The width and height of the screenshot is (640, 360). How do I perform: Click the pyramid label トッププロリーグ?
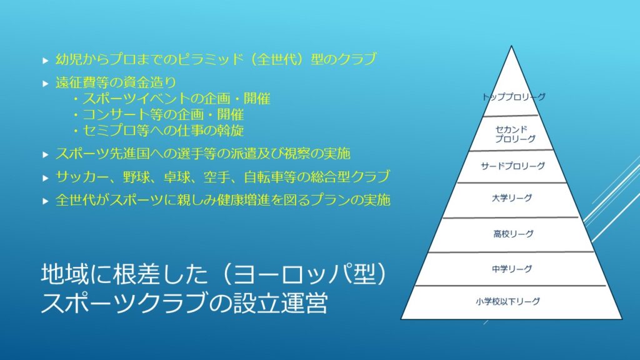point(514,97)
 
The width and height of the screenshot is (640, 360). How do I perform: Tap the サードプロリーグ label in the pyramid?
point(512,166)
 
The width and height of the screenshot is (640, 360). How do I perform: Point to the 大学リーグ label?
point(512,198)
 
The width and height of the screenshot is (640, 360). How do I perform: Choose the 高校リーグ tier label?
point(513,234)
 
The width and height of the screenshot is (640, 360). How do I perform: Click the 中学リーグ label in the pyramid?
point(512,269)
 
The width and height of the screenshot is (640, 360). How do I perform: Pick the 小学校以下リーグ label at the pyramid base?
point(507,302)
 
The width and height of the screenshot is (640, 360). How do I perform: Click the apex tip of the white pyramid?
point(511,46)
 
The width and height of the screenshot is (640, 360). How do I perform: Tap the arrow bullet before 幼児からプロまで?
point(45,61)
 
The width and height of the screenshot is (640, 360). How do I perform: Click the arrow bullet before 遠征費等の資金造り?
point(45,84)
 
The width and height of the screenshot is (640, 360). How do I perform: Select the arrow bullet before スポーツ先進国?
point(45,155)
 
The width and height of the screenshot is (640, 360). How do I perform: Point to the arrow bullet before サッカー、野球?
point(45,178)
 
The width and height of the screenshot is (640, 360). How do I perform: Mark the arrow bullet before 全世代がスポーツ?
point(45,201)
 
